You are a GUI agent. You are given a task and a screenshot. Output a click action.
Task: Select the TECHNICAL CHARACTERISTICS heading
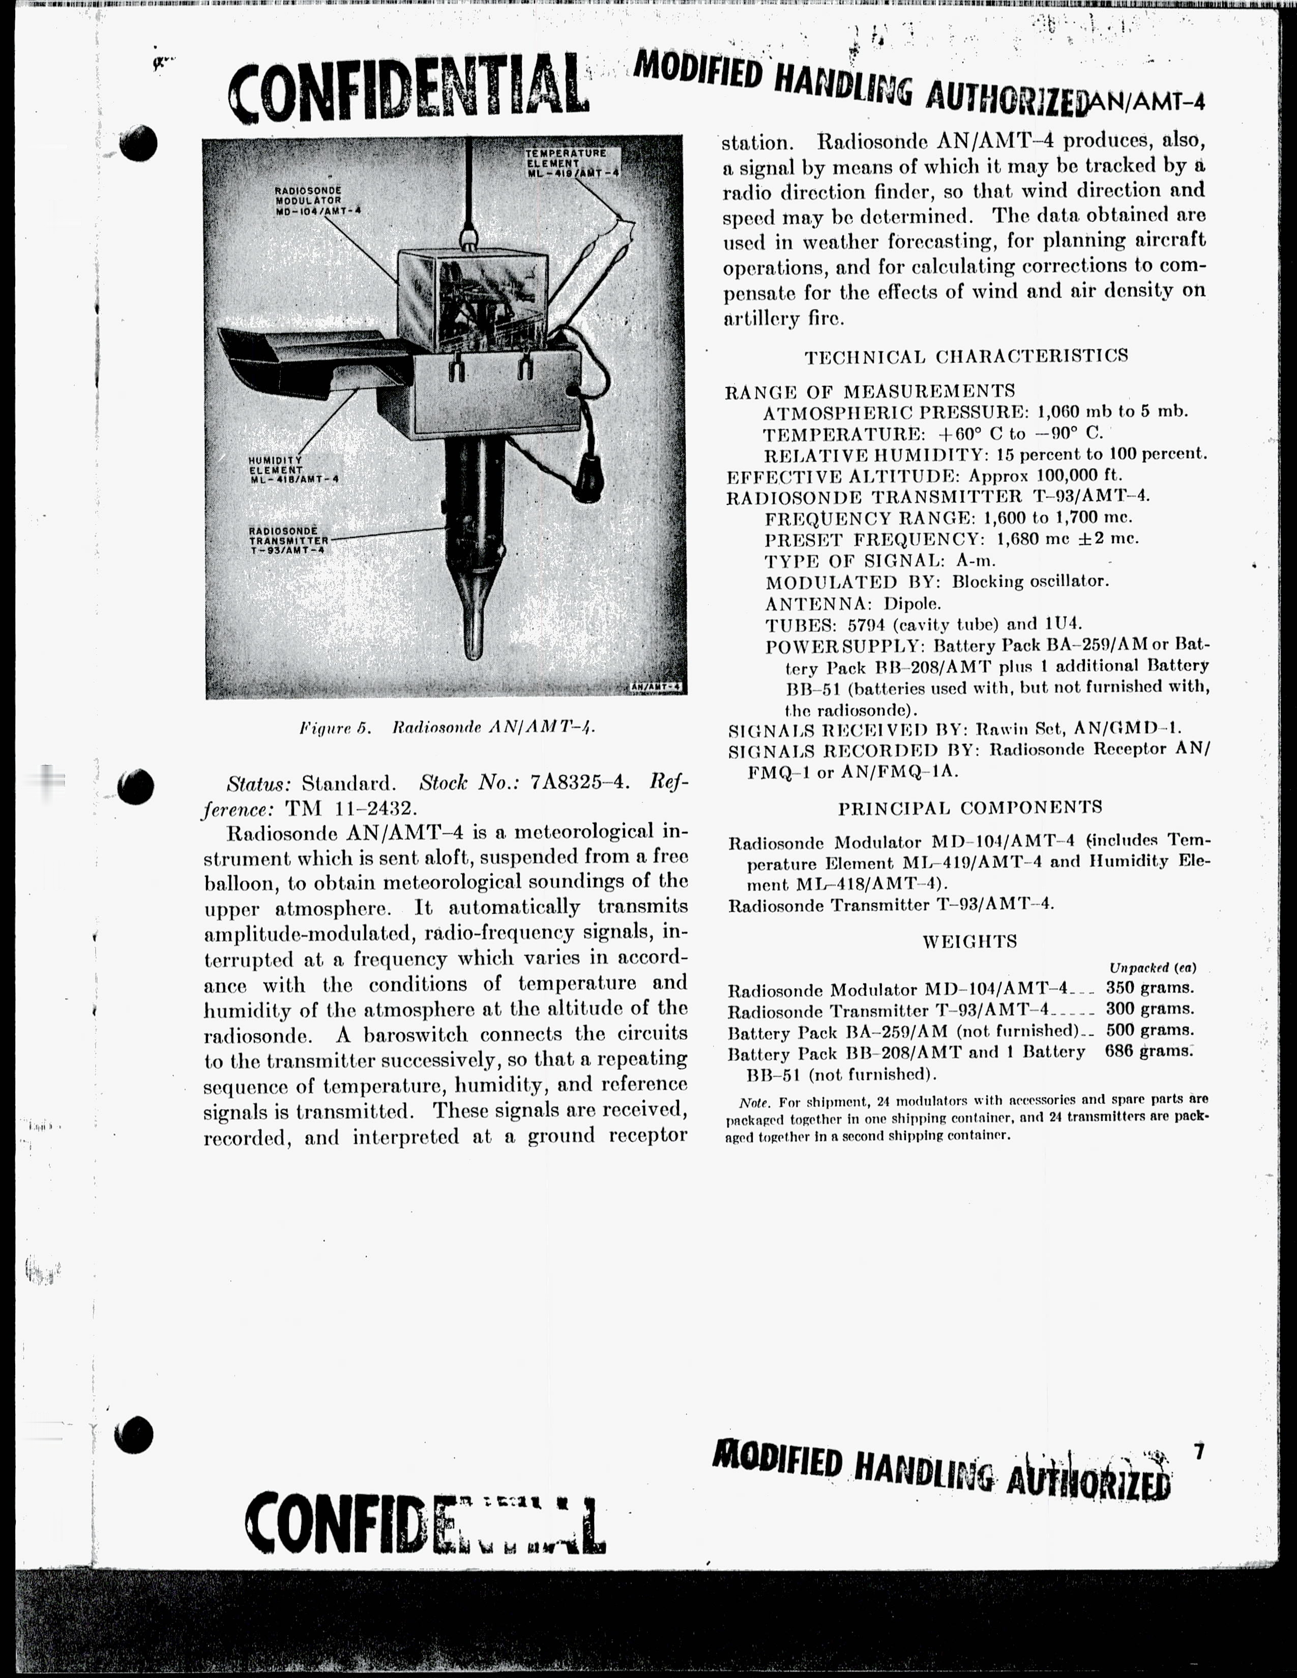coord(966,356)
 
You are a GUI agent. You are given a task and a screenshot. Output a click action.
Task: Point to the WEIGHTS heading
coord(969,941)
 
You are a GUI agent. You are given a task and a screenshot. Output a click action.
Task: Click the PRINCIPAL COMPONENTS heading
coord(969,807)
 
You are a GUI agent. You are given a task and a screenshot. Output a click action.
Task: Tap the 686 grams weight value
coord(1148,1051)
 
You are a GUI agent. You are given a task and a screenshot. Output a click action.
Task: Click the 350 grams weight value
coord(1149,988)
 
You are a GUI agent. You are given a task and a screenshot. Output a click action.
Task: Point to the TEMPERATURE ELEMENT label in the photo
coord(572,162)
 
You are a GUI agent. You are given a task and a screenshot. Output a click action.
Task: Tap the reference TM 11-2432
coord(351,809)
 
